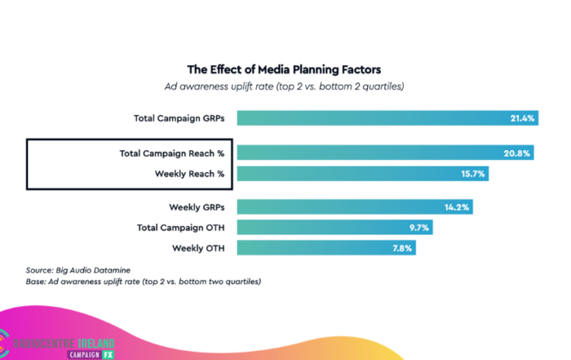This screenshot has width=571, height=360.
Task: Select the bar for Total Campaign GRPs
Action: (x=387, y=118)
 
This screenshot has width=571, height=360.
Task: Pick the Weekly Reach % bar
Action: (x=363, y=174)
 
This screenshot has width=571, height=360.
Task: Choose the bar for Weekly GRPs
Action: (x=355, y=207)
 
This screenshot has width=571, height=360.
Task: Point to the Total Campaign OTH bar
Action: (x=334, y=228)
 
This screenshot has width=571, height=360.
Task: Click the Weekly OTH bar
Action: (x=326, y=248)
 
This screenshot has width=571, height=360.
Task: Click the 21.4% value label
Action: (x=522, y=118)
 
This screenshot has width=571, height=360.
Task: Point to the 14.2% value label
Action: (x=456, y=207)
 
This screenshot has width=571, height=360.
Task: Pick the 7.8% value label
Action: (x=401, y=248)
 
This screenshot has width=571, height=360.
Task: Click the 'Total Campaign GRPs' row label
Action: (x=179, y=118)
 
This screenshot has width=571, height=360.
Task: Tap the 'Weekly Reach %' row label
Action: (x=189, y=174)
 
